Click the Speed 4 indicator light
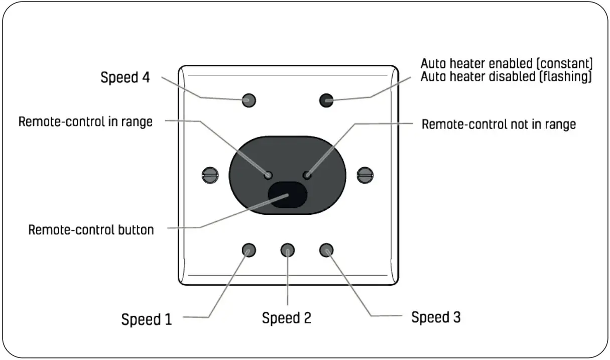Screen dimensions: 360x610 pos(249,99)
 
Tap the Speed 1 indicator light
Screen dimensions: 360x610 pos(249,250)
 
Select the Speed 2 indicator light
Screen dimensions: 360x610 pos(287,250)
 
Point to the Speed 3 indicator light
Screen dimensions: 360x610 pos(326,250)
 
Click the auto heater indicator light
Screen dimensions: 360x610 pos(327,100)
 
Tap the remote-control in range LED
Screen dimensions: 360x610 pos(269,175)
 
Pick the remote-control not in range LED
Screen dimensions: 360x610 pos(308,175)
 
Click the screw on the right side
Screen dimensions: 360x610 pos(364,175)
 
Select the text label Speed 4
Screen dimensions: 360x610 pos(126,78)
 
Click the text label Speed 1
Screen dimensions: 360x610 pos(147,319)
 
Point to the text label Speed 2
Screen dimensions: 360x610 pos(287,318)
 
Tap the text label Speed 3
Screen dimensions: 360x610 pos(436,317)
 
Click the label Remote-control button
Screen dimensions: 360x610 pos(91,230)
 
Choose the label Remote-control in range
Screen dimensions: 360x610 pos(85,122)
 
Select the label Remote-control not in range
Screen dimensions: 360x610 pos(498,124)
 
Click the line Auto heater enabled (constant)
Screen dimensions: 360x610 pos(507,64)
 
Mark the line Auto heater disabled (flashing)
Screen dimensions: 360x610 pos(506,77)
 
